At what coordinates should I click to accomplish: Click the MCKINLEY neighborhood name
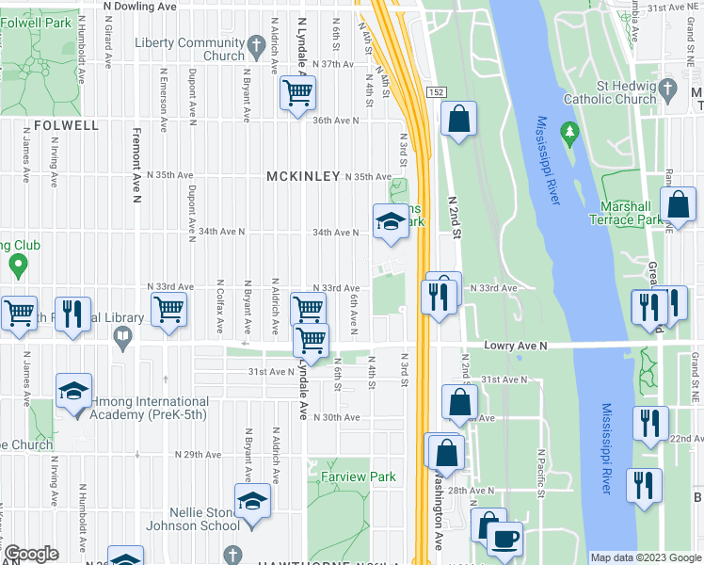[302, 176]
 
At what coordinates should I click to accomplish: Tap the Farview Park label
[358, 477]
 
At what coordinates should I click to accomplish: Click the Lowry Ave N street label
[516, 346]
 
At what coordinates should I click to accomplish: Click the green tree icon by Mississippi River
[568, 133]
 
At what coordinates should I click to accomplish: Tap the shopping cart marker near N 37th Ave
[298, 93]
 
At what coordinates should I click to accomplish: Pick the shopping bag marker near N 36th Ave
[458, 120]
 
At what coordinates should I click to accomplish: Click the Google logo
[31, 555]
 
